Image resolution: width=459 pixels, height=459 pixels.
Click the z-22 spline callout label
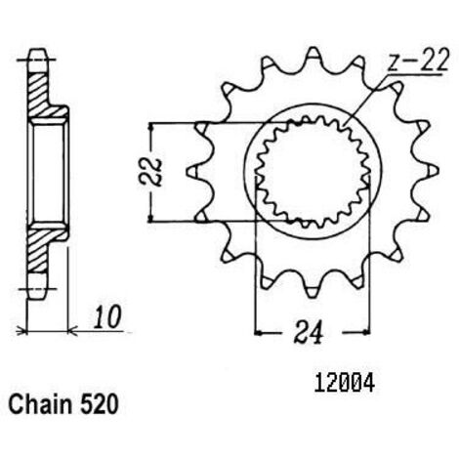(418, 61)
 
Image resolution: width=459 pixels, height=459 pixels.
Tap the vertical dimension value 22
(150, 172)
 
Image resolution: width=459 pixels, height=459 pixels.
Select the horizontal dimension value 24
(309, 332)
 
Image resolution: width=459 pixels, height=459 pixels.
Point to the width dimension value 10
(107, 316)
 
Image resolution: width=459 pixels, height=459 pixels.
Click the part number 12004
(345, 384)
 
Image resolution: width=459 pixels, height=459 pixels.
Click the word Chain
(40, 404)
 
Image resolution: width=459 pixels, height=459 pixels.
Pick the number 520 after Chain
(99, 404)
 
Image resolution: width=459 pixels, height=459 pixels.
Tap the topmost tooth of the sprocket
(313, 56)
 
